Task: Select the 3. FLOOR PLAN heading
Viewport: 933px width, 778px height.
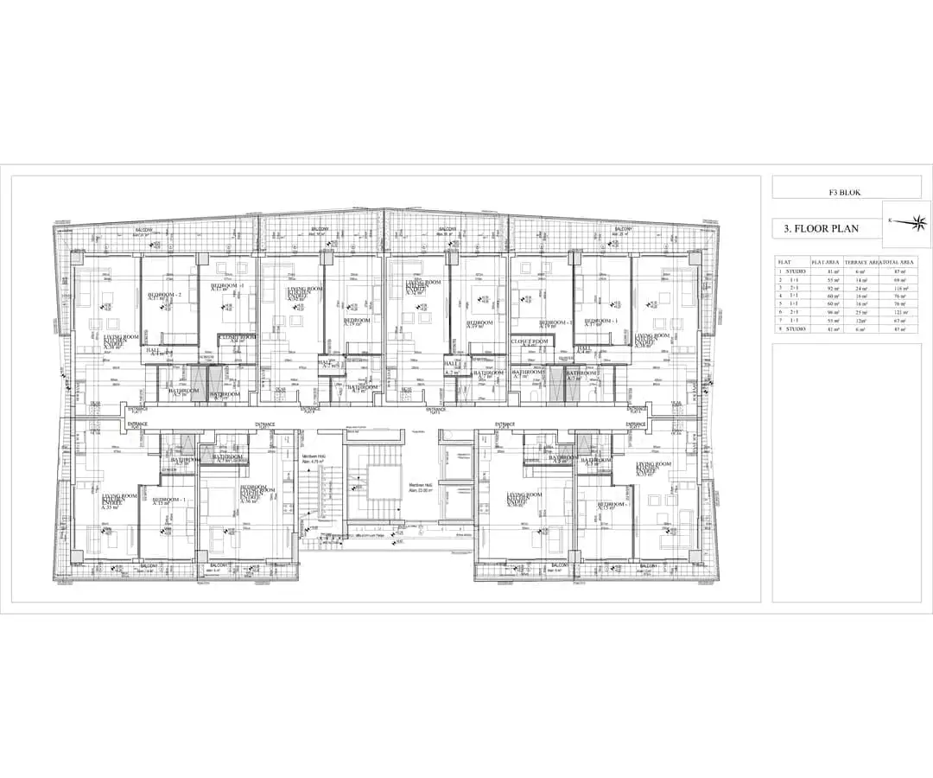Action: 822,229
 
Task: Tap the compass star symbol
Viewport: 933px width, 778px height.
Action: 907,222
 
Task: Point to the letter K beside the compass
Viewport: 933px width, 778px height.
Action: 890,220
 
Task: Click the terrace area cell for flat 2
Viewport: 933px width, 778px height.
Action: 860,280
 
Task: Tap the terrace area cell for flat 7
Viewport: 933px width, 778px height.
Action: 860,319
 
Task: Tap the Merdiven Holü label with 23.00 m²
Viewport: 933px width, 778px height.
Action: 421,488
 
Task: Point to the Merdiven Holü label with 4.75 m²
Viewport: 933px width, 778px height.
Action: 313,459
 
